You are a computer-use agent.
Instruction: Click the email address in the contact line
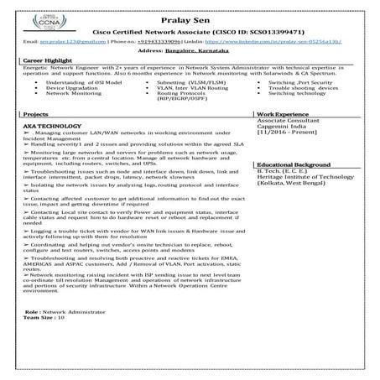click(x=56, y=39)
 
